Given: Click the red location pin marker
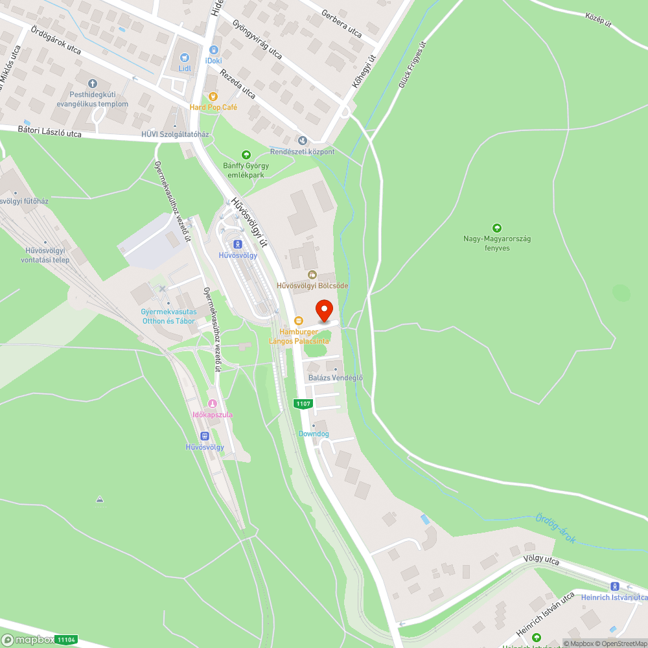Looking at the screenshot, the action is (x=324, y=310).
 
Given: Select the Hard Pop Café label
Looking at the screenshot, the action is (x=213, y=107).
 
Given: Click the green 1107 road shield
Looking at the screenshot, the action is (x=303, y=404).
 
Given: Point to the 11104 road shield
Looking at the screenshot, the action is (x=66, y=640).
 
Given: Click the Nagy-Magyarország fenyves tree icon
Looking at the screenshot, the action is (x=497, y=227).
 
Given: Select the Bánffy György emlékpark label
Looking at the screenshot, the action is (x=246, y=170).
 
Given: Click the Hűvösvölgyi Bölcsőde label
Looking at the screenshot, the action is (x=312, y=285).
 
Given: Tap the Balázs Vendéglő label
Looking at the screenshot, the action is (x=336, y=378).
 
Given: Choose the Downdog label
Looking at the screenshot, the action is (x=314, y=434).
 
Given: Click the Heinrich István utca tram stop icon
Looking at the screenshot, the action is (x=614, y=586).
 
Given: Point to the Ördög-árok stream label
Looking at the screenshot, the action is (x=555, y=528).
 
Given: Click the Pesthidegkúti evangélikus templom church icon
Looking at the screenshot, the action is (x=92, y=83).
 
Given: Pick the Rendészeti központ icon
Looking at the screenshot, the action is (x=301, y=140).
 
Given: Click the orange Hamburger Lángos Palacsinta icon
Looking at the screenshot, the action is (x=299, y=320).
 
